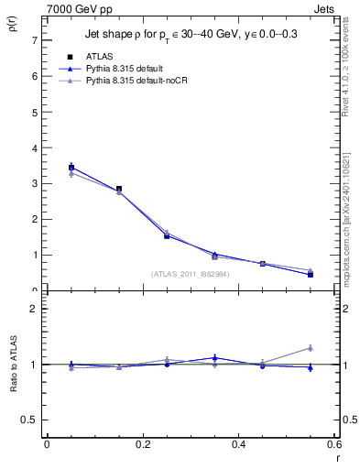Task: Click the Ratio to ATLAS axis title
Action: click(x=16, y=365)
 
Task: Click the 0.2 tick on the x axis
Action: click(x=142, y=444)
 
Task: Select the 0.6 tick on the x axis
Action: click(x=334, y=444)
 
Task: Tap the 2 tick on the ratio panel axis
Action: click(x=33, y=309)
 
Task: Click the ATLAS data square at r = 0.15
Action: click(x=119, y=189)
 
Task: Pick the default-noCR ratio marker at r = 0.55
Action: click(x=311, y=348)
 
